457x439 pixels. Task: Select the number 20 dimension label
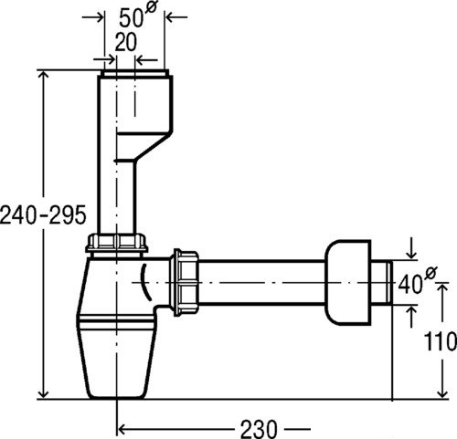tap(126, 42)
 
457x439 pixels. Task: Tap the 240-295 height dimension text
tap(43, 214)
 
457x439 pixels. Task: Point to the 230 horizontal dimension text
tap(259, 428)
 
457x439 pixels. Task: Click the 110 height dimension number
tap(441, 341)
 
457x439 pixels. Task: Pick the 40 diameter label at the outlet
tap(418, 281)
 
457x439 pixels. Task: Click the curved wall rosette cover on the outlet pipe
tap(348, 282)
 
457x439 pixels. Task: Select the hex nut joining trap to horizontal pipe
tap(186, 283)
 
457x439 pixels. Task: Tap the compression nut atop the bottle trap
tap(117, 243)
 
